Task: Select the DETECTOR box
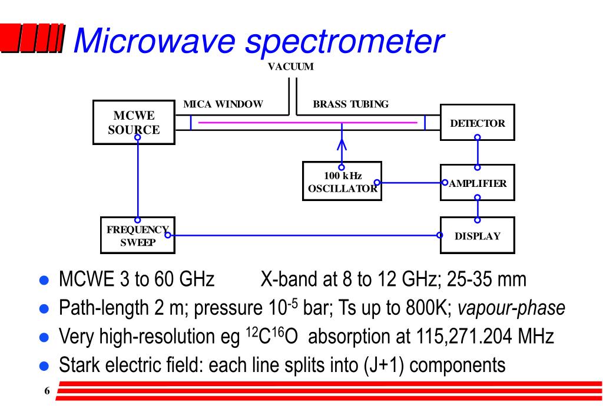477,122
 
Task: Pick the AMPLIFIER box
477,183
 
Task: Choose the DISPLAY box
477,236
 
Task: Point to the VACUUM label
290,66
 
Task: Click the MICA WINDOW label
223,104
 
